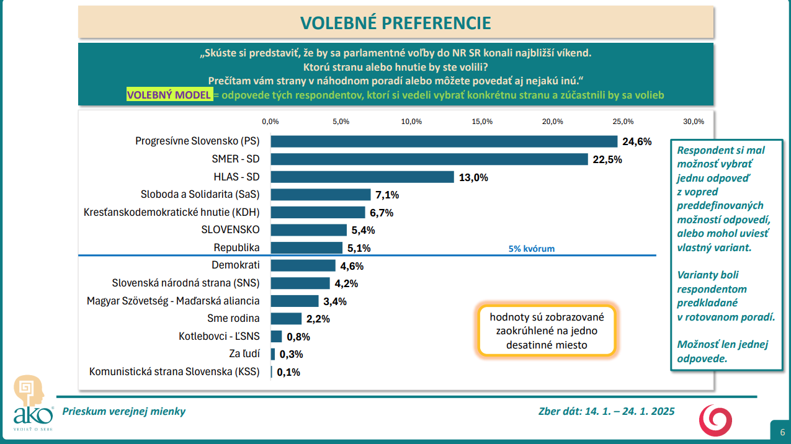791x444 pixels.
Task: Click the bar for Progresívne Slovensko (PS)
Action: [444, 141]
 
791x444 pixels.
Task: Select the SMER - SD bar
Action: [429, 159]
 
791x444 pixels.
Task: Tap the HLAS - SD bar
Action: [362, 177]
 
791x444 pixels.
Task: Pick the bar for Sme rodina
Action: [285, 319]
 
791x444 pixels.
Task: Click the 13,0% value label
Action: [473, 177]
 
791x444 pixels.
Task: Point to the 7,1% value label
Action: [387, 195]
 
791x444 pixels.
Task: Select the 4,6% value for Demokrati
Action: [351, 266]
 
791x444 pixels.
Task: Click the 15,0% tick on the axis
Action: [483, 122]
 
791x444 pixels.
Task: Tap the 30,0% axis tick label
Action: [694, 122]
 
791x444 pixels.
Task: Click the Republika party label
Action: [236, 247]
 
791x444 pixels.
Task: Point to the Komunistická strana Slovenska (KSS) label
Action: [174, 372]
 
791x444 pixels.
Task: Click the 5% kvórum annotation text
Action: [531, 249]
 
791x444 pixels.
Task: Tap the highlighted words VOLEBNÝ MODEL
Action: [169, 95]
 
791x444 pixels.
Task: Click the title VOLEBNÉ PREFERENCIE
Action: [396, 23]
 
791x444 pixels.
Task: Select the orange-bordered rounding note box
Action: [547, 331]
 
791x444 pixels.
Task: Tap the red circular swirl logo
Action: [715, 419]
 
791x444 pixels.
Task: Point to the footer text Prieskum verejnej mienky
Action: [124, 411]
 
